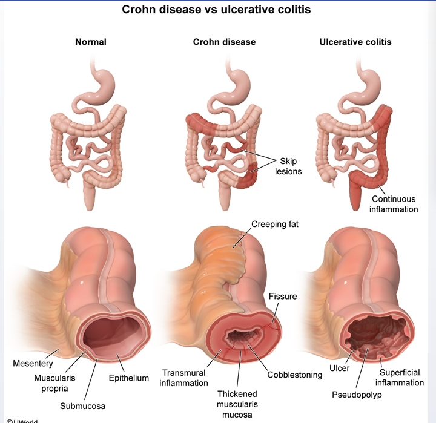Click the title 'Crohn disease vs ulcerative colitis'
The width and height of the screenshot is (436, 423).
[x=219, y=10]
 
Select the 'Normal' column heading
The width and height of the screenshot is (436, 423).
[x=90, y=42]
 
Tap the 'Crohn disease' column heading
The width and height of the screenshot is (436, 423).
[x=224, y=42]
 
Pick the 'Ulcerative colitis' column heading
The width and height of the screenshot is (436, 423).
[x=355, y=42]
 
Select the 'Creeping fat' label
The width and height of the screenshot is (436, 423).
[x=275, y=225]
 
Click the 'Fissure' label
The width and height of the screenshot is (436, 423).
[x=283, y=296]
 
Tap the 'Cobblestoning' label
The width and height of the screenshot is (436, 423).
[x=295, y=375]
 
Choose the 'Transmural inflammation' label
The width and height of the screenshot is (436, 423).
[x=185, y=378]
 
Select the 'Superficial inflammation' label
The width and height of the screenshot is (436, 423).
[x=399, y=378]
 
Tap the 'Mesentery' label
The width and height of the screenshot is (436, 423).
[x=33, y=364]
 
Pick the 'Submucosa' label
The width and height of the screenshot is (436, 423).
[x=82, y=405]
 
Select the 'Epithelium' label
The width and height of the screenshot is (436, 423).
[x=128, y=378]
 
